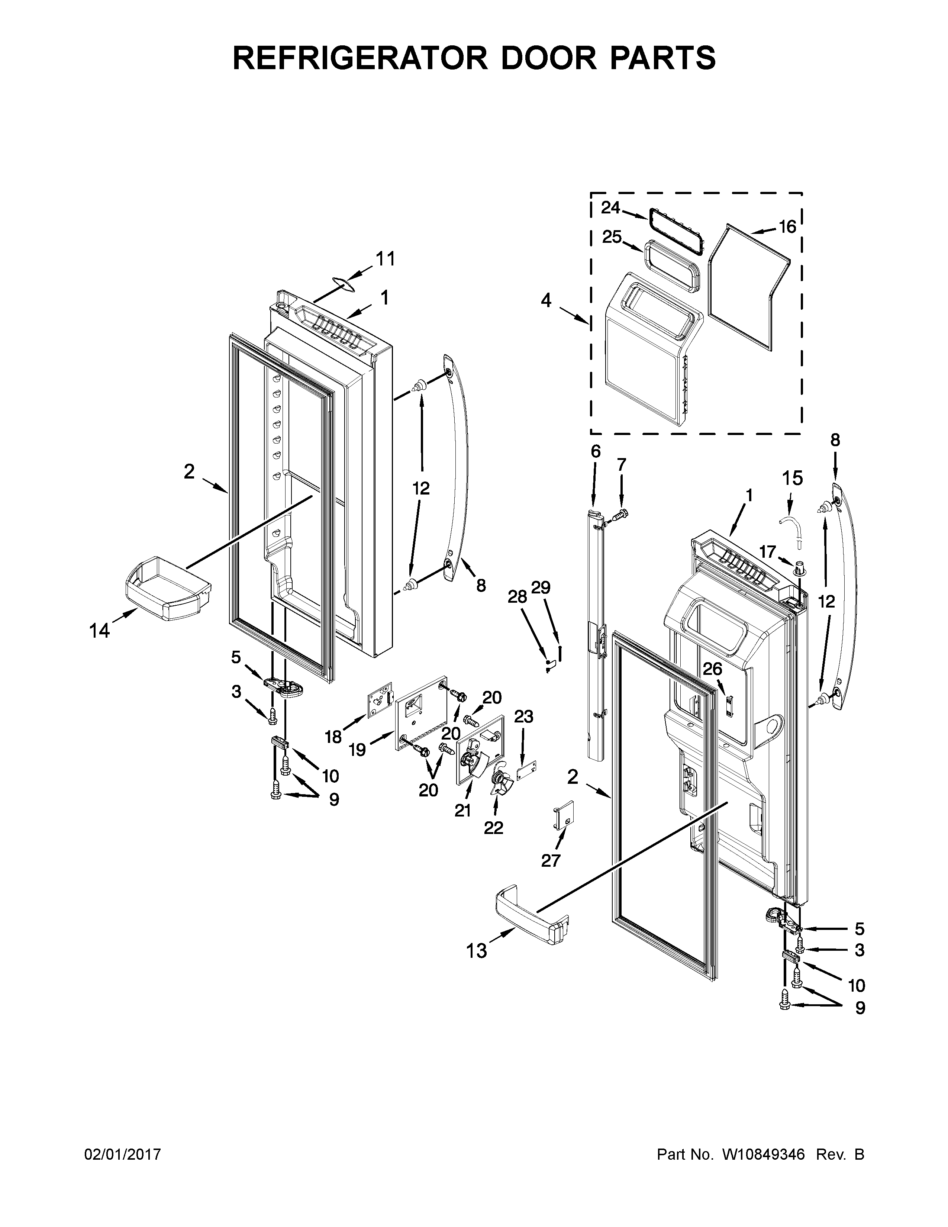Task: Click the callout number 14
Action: [99, 631]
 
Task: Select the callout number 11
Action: [385, 259]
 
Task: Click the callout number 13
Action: [476, 952]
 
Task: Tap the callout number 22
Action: [494, 828]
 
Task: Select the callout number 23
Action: [523, 717]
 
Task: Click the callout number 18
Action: [333, 737]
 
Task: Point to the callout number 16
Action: [787, 226]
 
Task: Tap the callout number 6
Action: [595, 451]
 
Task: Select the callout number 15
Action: [793, 478]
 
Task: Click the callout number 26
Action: [713, 669]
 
